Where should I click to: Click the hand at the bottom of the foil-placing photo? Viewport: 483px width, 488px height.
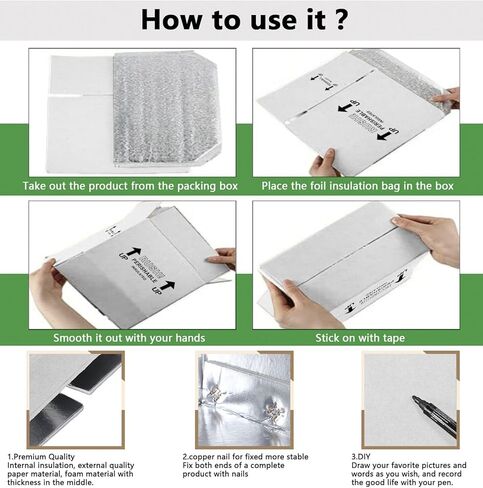point(325,163)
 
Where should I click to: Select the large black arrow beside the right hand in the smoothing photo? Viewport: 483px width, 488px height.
point(196,285)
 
